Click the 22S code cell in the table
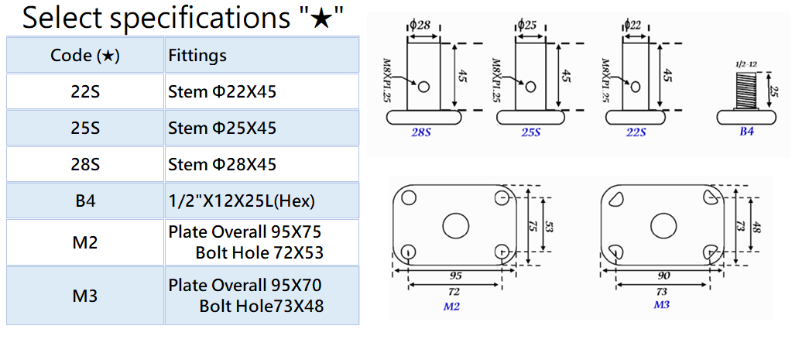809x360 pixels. (x=85, y=92)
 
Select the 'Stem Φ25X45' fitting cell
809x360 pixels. (x=222, y=129)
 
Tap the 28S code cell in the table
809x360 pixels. (x=85, y=165)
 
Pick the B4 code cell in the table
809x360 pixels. (x=85, y=201)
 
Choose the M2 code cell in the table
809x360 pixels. (x=85, y=243)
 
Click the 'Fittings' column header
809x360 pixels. (x=197, y=55)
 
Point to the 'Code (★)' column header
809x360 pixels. (x=85, y=55)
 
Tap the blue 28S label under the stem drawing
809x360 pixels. (x=422, y=132)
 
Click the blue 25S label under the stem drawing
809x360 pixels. (x=530, y=132)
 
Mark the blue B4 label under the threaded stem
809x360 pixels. (x=746, y=132)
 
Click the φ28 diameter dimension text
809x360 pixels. (x=420, y=25)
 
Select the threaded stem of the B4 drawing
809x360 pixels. (x=746, y=91)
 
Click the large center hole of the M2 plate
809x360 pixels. (x=456, y=225)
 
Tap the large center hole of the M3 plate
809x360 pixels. (x=663, y=225)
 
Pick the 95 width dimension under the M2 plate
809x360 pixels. (x=456, y=275)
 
